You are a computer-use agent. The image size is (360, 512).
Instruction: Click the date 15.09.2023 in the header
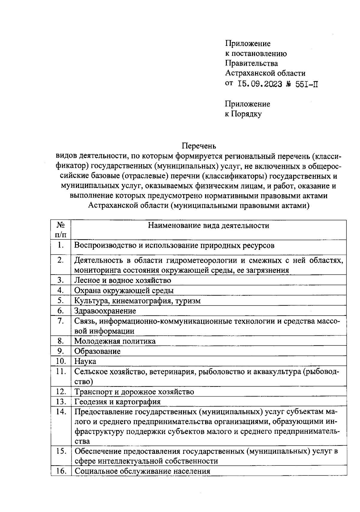tap(259, 84)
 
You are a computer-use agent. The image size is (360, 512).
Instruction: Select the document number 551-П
tap(307, 84)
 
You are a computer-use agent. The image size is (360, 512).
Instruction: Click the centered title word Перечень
tap(199, 146)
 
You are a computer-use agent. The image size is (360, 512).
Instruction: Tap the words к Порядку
tap(243, 114)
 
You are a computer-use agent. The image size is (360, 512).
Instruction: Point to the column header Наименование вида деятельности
tap(208, 225)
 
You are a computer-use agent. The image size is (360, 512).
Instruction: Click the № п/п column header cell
tap(61, 229)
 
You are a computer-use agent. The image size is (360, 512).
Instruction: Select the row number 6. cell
tap(61, 311)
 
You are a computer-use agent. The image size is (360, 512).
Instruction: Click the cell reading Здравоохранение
tap(105, 311)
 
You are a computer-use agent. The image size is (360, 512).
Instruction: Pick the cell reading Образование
tap(97, 351)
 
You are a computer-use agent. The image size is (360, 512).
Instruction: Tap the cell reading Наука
tap(85, 361)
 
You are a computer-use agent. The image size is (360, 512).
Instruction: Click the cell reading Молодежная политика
tap(115, 341)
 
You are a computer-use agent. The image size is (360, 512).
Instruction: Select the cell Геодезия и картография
tap(117, 402)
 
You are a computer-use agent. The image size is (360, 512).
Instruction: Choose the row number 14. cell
tap(61, 412)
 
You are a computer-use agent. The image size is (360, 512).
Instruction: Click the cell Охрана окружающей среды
tap(124, 290)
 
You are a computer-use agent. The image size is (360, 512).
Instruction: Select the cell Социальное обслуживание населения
tap(142, 471)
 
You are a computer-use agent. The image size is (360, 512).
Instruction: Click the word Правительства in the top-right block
tap(251, 64)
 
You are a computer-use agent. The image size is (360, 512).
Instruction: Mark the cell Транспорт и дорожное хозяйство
tap(134, 392)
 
